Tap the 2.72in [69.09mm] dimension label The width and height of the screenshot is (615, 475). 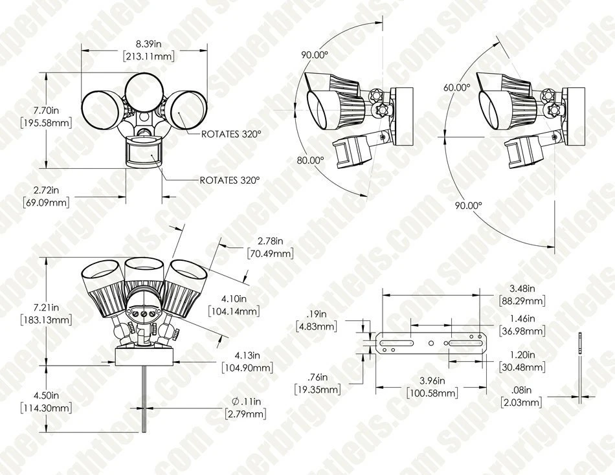[46, 196]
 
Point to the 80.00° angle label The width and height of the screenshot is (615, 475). [310, 160]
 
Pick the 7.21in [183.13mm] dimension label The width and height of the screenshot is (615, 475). [46, 314]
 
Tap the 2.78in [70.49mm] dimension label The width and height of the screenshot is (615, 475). [270, 247]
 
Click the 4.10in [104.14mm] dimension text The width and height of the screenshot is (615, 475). [234, 305]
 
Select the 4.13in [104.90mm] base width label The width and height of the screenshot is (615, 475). [247, 362]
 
